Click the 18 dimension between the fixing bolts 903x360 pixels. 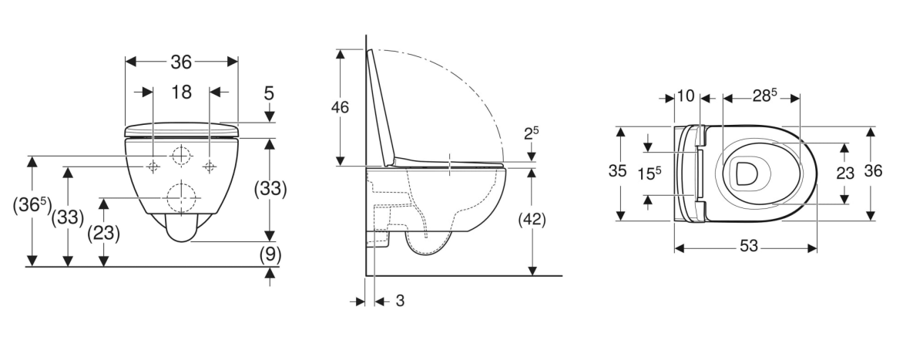pos(181,93)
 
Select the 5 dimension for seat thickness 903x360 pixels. pos(269,93)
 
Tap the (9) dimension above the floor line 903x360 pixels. pos(270,254)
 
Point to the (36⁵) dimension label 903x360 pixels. pos(32,206)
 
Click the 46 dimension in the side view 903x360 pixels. pos(340,108)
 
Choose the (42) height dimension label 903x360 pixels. pos(532,220)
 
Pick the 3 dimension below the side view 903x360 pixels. pos(400,301)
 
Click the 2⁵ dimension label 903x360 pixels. pos(531,133)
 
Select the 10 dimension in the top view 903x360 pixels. pos(685,96)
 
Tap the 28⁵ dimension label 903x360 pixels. pos(764,96)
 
